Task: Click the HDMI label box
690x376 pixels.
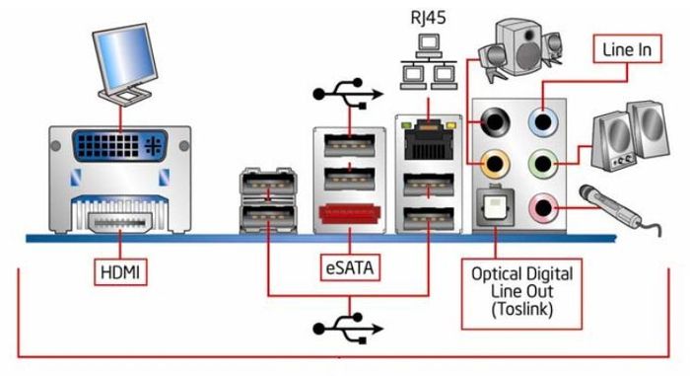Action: click(120, 272)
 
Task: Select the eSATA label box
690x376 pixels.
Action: click(350, 267)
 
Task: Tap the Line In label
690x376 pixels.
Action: click(627, 49)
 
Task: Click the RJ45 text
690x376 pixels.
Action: click(428, 18)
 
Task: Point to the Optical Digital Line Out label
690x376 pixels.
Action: click(521, 293)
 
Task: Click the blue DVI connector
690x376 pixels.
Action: click(119, 145)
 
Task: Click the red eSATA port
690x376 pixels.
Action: click(350, 215)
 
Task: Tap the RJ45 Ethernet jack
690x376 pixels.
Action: click(429, 140)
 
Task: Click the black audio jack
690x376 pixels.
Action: click(495, 121)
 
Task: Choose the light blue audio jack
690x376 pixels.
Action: click(542, 121)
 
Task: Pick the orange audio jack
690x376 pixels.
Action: click(496, 164)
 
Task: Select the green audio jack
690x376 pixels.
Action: click(542, 164)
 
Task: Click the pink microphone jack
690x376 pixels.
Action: click(543, 206)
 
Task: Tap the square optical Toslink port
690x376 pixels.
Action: click(495, 206)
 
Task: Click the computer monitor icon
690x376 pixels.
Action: click(125, 64)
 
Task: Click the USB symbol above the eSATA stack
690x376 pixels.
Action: click(348, 94)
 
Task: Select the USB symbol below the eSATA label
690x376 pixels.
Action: click(348, 329)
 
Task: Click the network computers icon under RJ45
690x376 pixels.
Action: click(429, 62)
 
